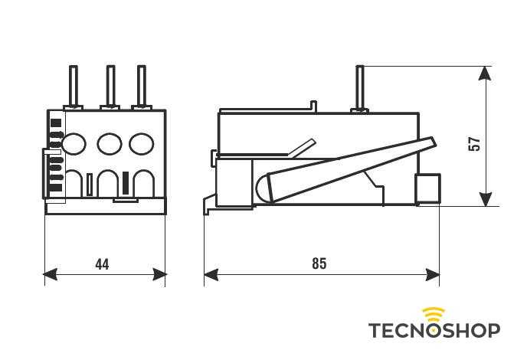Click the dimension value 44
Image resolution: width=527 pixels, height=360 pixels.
click(102, 264)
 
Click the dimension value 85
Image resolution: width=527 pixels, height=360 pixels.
click(319, 263)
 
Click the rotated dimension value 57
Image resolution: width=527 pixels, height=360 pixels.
click(475, 143)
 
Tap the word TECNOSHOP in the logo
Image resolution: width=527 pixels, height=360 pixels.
click(434, 330)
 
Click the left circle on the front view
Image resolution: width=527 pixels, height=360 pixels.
click(74, 143)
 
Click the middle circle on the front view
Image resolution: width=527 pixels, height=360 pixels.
click(110, 143)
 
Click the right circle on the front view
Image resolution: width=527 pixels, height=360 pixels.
click(141, 143)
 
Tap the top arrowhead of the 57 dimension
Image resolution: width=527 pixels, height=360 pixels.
click(485, 74)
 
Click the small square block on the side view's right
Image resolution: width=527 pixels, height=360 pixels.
click(427, 188)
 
